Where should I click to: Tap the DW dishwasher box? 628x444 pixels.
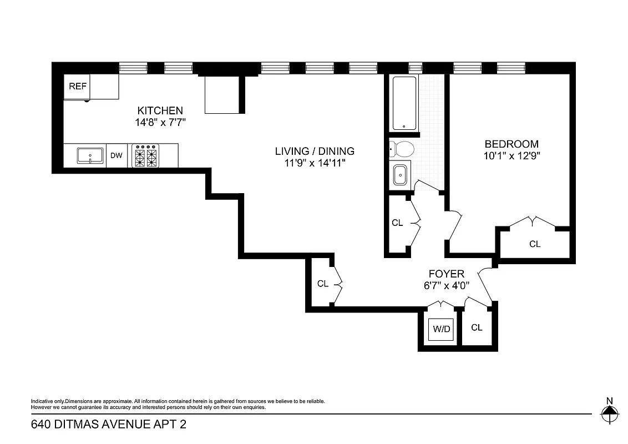click(x=116, y=155)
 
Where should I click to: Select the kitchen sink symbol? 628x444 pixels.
click(x=90, y=155)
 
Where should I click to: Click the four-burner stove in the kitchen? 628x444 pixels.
click(x=146, y=155)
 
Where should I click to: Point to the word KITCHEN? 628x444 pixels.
click(x=160, y=110)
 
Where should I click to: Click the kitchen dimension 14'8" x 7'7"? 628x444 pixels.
click(x=160, y=122)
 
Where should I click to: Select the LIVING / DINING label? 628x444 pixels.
click(x=315, y=151)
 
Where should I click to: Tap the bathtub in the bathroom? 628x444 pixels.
click(x=404, y=103)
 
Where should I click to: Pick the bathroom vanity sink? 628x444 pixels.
click(x=400, y=175)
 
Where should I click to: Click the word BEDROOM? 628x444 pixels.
click(x=511, y=144)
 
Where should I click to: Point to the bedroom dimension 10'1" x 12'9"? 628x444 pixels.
click(x=511, y=156)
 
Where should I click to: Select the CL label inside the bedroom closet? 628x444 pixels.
click(x=534, y=244)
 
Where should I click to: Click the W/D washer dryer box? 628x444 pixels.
click(x=442, y=329)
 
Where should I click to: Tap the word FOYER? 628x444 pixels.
click(x=446, y=274)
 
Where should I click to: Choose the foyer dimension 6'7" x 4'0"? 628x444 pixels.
click(x=446, y=285)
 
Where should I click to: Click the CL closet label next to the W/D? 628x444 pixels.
click(x=477, y=327)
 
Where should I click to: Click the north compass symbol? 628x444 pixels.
click(x=610, y=411)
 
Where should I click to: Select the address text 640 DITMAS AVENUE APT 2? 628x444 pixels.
click(x=109, y=425)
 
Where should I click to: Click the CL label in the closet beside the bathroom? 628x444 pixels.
click(x=397, y=223)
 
